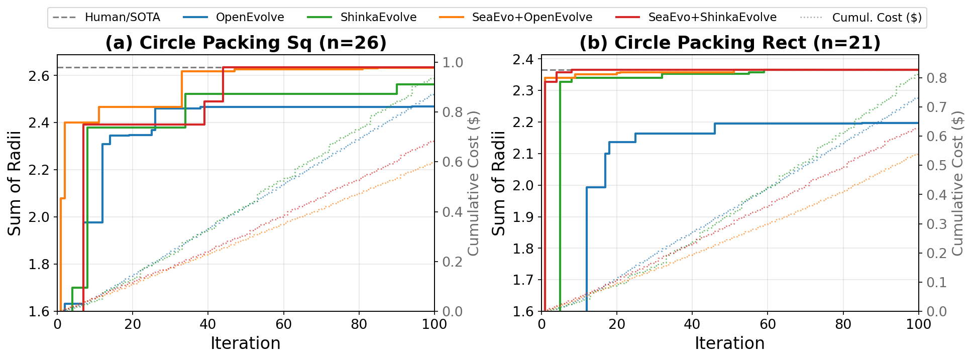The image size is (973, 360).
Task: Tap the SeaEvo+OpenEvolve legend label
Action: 516,18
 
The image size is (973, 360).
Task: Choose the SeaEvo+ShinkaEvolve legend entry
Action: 696,18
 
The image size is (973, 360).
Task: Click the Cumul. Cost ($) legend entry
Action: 861,18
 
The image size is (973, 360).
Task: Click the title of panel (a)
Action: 246,43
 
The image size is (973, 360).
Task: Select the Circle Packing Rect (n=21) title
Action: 730,43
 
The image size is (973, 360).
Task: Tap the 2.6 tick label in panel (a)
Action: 40,76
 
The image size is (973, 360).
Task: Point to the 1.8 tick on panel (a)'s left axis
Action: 40,264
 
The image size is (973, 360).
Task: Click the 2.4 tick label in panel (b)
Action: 524,60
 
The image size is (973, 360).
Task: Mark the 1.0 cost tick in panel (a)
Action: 452,62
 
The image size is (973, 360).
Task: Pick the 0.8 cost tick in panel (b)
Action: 937,78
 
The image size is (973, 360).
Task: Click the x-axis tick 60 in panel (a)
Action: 283,324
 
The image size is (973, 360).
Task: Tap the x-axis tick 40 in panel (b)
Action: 692,324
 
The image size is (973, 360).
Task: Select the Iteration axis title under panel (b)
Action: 730,343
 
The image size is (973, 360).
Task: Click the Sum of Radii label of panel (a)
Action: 14,183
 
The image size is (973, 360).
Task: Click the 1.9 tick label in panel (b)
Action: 524,217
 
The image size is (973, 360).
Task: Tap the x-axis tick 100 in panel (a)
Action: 434,324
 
